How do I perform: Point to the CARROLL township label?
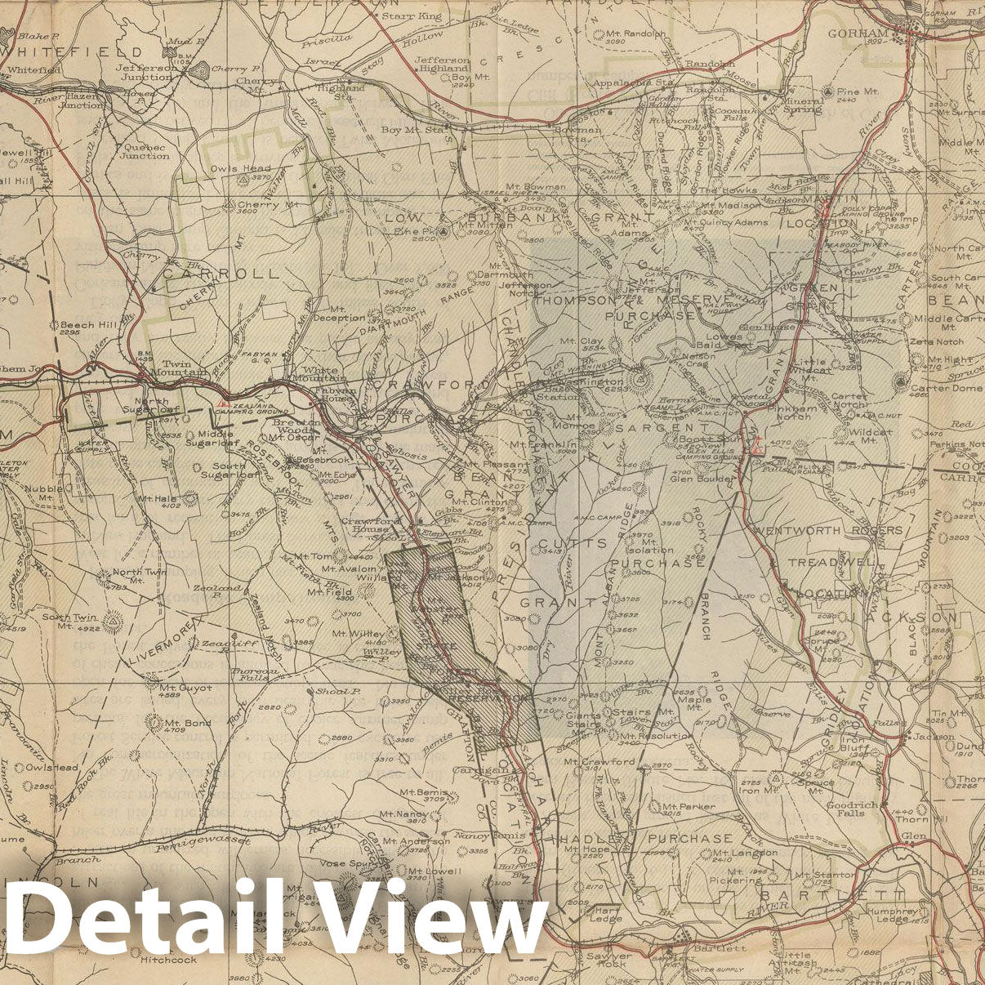click(x=221, y=274)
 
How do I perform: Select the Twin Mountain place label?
click(x=184, y=368)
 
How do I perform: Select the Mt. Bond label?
click(x=187, y=722)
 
